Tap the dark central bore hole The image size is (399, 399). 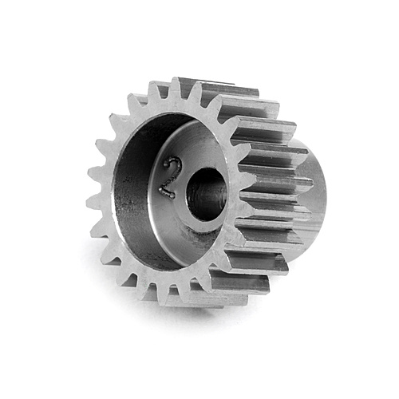coord(206,194)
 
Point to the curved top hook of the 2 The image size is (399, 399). coord(167,164)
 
